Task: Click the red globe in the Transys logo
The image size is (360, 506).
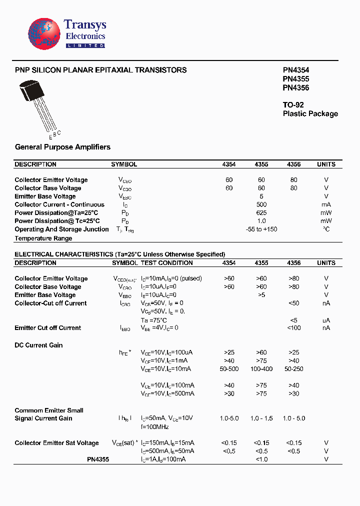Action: point(44,34)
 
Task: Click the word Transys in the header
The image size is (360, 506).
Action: point(85,25)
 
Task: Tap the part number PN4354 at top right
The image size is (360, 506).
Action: point(296,70)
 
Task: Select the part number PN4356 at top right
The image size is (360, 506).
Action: point(296,87)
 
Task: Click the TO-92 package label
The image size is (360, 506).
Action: point(293,105)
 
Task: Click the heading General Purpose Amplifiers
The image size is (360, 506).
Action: point(62,147)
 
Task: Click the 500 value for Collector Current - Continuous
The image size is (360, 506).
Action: point(261,204)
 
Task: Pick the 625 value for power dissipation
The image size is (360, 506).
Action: point(261,213)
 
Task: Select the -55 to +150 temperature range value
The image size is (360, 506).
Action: point(261,229)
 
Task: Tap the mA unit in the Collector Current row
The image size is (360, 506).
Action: point(326,204)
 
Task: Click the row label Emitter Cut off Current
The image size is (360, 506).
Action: point(47,328)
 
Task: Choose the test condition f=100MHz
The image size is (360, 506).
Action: point(155,426)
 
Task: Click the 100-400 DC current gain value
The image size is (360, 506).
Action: point(261,369)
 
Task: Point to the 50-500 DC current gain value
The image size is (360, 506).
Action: point(229,369)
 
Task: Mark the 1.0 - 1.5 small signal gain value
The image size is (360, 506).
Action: point(261,418)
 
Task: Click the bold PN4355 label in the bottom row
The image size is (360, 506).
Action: point(98,459)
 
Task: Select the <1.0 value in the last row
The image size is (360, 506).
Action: point(261,459)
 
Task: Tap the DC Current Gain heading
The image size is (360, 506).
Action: point(38,345)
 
